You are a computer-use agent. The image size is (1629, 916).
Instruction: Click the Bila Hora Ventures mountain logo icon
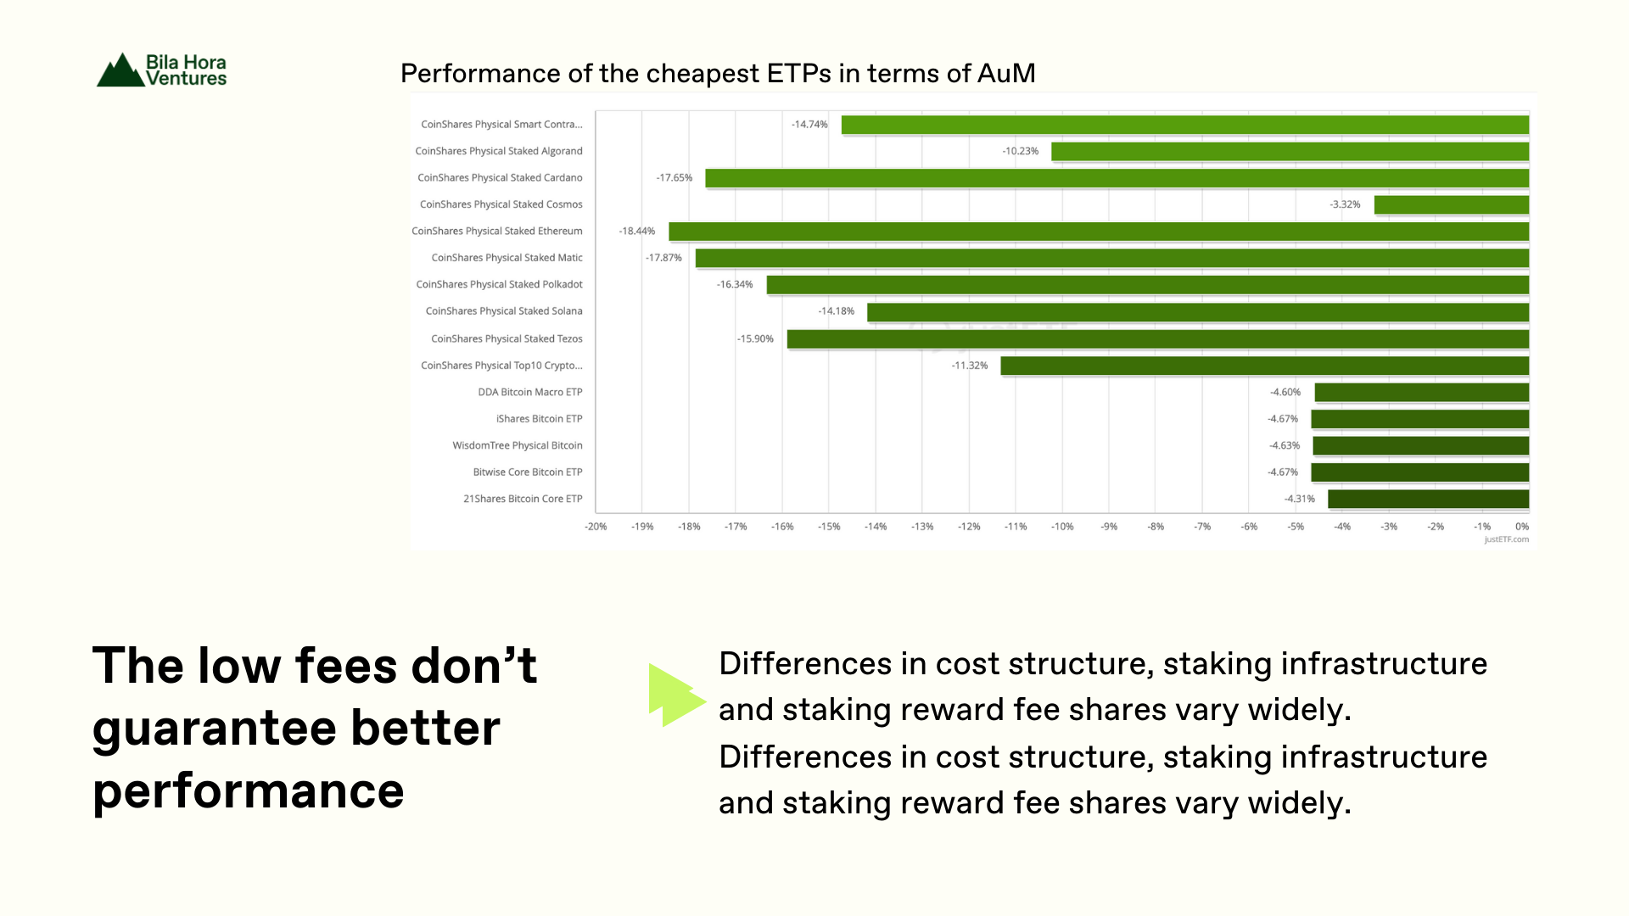120,70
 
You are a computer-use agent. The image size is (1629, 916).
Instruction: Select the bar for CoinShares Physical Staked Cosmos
1452,204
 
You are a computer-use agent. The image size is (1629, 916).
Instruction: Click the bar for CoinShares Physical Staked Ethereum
1099,232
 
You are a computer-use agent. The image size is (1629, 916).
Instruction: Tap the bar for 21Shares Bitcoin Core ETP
1429,499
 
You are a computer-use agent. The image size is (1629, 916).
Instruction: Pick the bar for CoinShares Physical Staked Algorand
1290,151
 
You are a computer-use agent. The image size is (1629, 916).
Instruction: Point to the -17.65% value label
675,178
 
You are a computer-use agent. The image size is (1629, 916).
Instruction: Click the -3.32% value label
1345,204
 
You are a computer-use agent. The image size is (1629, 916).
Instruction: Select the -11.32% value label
970,366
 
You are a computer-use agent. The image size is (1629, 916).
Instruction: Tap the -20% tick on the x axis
596,527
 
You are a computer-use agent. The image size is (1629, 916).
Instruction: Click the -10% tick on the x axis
1062,527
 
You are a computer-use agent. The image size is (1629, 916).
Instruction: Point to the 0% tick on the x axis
1522,527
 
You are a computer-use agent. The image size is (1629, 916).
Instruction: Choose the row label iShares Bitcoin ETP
540,419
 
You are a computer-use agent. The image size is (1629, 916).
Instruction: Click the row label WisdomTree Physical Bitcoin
518,445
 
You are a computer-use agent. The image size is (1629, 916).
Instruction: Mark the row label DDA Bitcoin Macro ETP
530,392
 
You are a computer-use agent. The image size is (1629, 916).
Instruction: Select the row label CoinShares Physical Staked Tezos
507,338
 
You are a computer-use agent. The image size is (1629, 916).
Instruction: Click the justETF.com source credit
1507,539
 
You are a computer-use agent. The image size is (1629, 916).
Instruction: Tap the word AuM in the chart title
1006,74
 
